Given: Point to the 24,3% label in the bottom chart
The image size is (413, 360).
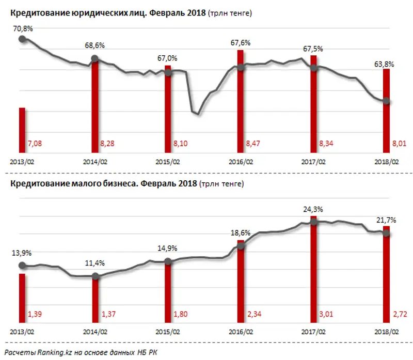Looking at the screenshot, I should click(313, 209).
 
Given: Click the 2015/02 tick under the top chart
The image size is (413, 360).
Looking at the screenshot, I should click(167, 161).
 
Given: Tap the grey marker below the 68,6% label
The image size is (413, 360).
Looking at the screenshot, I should click(94, 58).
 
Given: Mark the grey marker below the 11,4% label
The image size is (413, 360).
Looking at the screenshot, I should click(94, 276).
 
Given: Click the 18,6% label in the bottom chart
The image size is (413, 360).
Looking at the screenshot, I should click(241, 234).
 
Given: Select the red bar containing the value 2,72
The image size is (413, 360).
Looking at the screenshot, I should click(386, 279).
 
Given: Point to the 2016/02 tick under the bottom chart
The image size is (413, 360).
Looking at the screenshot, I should click(241, 332).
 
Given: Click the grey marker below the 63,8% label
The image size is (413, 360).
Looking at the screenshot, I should click(386, 101).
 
